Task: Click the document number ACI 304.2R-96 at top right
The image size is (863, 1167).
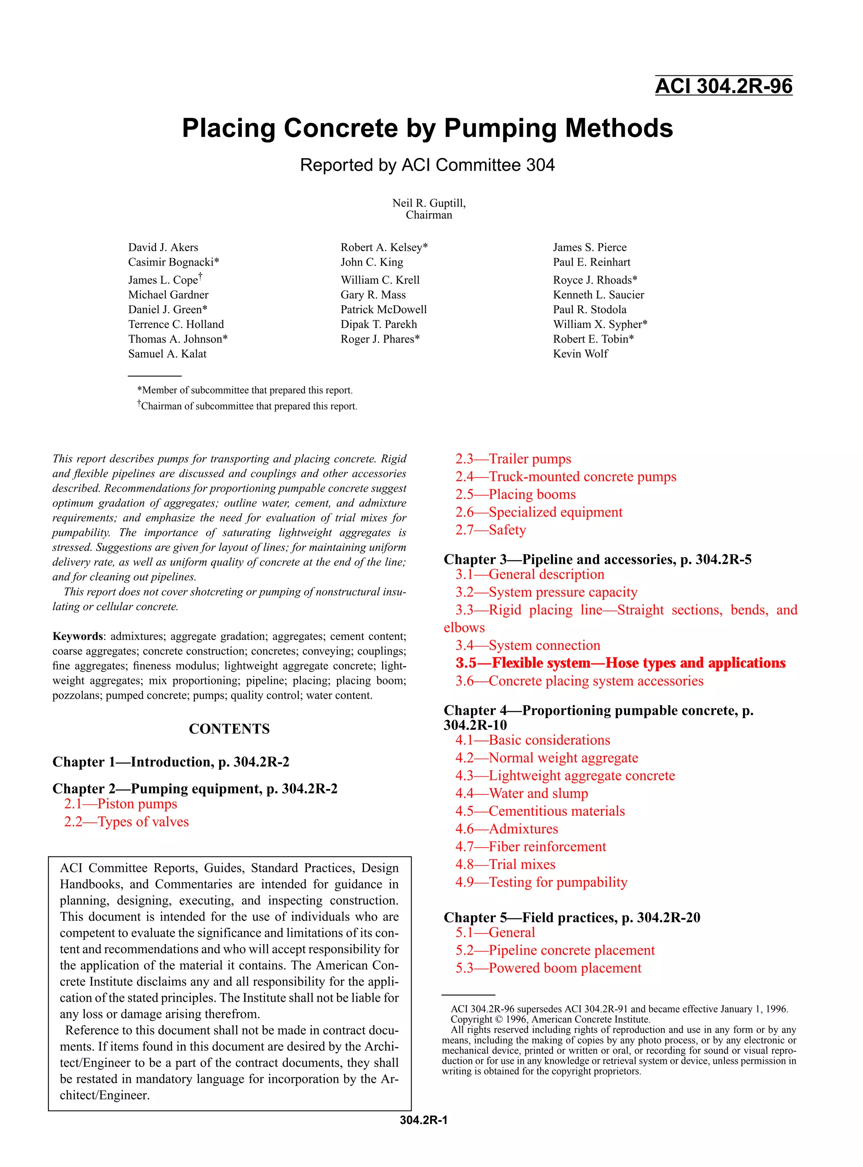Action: point(724,86)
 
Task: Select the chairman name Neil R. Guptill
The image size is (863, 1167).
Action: point(429,203)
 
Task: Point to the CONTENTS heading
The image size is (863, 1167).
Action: point(229,729)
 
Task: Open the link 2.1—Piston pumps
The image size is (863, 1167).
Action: point(121,804)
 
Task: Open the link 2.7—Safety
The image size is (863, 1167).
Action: point(490,530)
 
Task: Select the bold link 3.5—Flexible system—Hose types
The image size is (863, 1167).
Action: point(620,663)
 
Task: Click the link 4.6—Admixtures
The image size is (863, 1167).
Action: point(506,829)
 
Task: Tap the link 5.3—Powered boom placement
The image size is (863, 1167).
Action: point(548,968)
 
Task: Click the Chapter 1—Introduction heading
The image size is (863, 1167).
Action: point(170,762)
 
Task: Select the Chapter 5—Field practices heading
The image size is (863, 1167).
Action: point(571,918)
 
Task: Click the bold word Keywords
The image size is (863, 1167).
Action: point(77,636)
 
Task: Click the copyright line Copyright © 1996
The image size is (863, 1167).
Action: point(550,1019)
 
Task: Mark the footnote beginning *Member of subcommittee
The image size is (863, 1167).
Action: point(244,390)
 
